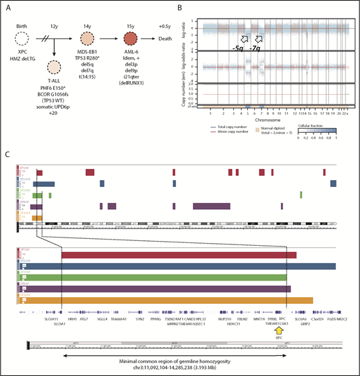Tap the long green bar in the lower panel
pyautogui.click(x=173, y=277)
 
